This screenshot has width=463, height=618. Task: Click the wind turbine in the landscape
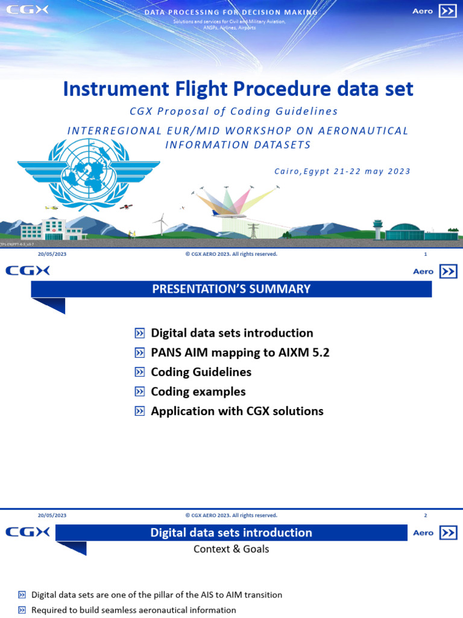pyautogui.click(x=161, y=223)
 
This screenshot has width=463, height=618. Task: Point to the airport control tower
pyautogui.click(x=378, y=229)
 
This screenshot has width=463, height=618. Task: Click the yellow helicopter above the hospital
pyautogui.click(x=52, y=208)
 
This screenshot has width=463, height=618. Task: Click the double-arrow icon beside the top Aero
pyautogui.click(x=447, y=11)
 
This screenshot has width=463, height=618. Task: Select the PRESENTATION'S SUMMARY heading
pyautogui.click(x=231, y=289)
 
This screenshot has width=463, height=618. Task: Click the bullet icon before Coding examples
pyautogui.click(x=140, y=392)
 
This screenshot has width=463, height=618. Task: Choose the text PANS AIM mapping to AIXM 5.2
pyautogui.click(x=240, y=352)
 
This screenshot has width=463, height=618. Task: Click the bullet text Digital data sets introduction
pyautogui.click(x=231, y=333)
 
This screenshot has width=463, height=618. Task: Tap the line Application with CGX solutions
pyautogui.click(x=237, y=411)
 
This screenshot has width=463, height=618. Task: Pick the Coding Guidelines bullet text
pyautogui.click(x=201, y=372)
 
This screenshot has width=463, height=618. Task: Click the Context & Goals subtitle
pyautogui.click(x=231, y=549)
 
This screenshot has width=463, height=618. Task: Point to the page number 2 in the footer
pyautogui.click(x=426, y=515)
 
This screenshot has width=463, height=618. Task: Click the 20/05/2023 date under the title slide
pyautogui.click(x=52, y=255)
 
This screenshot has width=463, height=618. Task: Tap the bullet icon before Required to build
pyautogui.click(x=22, y=610)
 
